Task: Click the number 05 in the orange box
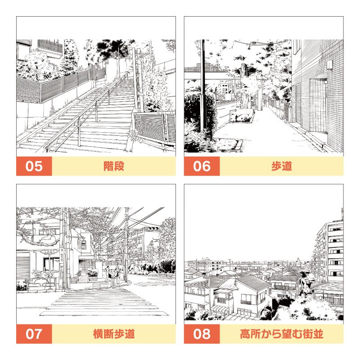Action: click(x=34, y=166)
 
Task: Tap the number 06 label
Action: click(x=202, y=166)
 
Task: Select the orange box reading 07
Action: click(x=34, y=334)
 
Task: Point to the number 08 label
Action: click(x=202, y=334)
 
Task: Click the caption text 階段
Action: click(x=113, y=166)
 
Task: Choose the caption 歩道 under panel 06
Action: click(x=281, y=166)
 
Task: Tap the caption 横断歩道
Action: click(x=113, y=334)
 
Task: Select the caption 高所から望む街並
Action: click(x=281, y=334)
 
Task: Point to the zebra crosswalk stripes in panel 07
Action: click(x=103, y=301)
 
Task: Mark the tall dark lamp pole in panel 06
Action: click(x=203, y=85)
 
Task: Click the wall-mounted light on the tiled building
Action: click(x=330, y=65)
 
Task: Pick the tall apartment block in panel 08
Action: click(x=331, y=252)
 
